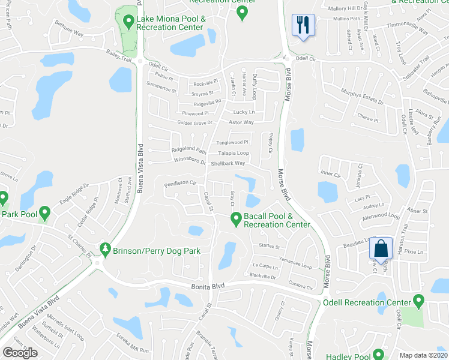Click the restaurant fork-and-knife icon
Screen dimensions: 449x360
(302, 25)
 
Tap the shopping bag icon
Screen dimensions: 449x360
(380, 247)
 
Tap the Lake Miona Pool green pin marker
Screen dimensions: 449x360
(128, 22)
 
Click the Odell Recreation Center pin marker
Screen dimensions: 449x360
(418, 302)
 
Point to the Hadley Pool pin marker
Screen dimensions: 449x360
(378, 355)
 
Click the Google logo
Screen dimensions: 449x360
(20, 353)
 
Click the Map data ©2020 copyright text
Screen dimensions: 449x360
(423, 355)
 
